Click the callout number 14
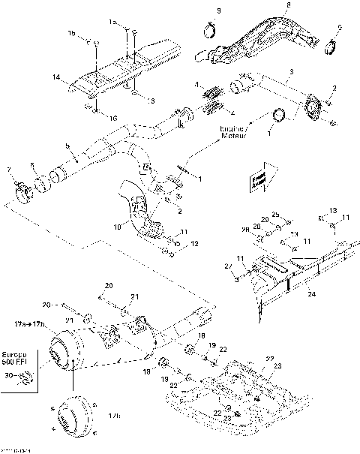tap(55, 77)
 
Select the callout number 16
tap(114, 119)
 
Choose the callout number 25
tap(275, 214)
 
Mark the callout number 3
tap(291, 71)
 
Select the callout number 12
tap(194, 245)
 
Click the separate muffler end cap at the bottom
tap(74, 417)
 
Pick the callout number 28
tap(247, 233)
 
